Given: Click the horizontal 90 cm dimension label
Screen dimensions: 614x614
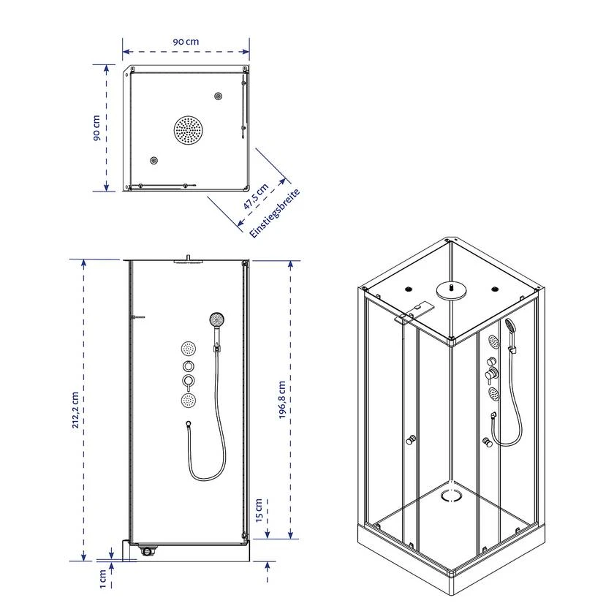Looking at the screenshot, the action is pyautogui.click(x=186, y=42).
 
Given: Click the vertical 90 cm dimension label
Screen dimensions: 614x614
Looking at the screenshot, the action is pyautogui.click(x=96, y=128).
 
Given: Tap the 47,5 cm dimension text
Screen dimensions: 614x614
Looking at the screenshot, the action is pyautogui.click(x=256, y=196).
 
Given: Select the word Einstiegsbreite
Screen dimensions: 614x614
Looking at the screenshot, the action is pyautogui.click(x=275, y=213).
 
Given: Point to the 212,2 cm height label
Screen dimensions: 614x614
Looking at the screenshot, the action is pyautogui.click(x=75, y=409).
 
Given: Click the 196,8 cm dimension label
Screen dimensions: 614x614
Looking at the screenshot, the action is pyautogui.click(x=282, y=399).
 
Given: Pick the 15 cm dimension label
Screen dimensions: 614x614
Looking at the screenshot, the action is pyautogui.click(x=259, y=510).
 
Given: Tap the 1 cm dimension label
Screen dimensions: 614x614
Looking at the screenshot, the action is pyautogui.click(x=102, y=579).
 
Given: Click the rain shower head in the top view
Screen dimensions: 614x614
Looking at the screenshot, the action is pyautogui.click(x=189, y=130).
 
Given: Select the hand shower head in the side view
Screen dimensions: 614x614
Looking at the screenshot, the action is pyautogui.click(x=216, y=319).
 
